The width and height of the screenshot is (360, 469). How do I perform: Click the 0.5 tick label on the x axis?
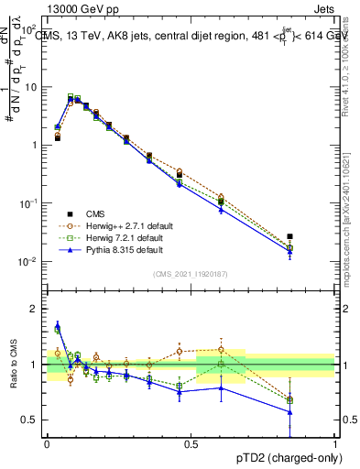pyautogui.click(x=191, y=443)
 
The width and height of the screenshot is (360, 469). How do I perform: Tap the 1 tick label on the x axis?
pyautogui.click(x=334, y=443)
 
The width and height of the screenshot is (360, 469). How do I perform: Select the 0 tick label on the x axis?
pyautogui.click(x=47, y=443)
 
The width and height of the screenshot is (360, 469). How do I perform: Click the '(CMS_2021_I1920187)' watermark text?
pyautogui.click(x=191, y=273)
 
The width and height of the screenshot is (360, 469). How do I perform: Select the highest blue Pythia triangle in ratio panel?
pyautogui.click(x=58, y=324)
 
